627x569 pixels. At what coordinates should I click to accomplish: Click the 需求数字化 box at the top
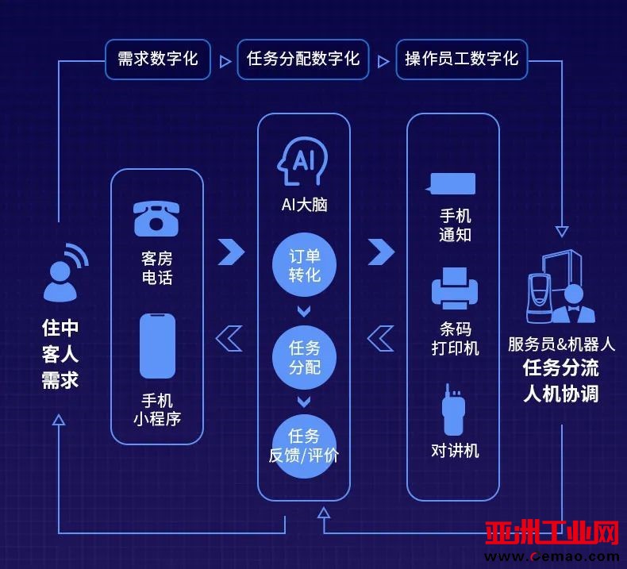pos(158,60)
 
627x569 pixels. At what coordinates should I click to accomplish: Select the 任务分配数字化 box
pos(302,60)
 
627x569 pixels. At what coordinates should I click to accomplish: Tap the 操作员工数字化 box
pos(461,60)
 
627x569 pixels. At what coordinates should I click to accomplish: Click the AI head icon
pos(302,162)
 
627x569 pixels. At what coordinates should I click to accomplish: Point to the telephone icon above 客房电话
pos(156,219)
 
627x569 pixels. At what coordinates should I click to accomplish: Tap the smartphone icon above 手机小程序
pos(157,346)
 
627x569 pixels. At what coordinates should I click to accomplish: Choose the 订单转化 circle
pos(304,265)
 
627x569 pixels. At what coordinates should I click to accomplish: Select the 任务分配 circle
pos(304,357)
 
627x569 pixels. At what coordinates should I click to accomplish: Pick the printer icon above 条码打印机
pos(455,288)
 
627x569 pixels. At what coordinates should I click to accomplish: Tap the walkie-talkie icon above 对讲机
pos(453,409)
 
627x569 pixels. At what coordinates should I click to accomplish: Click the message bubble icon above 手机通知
pos(451,184)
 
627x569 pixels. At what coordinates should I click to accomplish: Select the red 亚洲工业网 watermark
pos(552,533)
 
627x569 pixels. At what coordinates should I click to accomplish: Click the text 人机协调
pos(560,394)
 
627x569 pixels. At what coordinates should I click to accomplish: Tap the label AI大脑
pos(304,205)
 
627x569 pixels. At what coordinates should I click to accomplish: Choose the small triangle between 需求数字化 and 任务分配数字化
pos(225,62)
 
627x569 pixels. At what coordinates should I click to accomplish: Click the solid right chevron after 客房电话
pos(231,252)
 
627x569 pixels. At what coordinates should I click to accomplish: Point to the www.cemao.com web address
pos(552,556)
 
